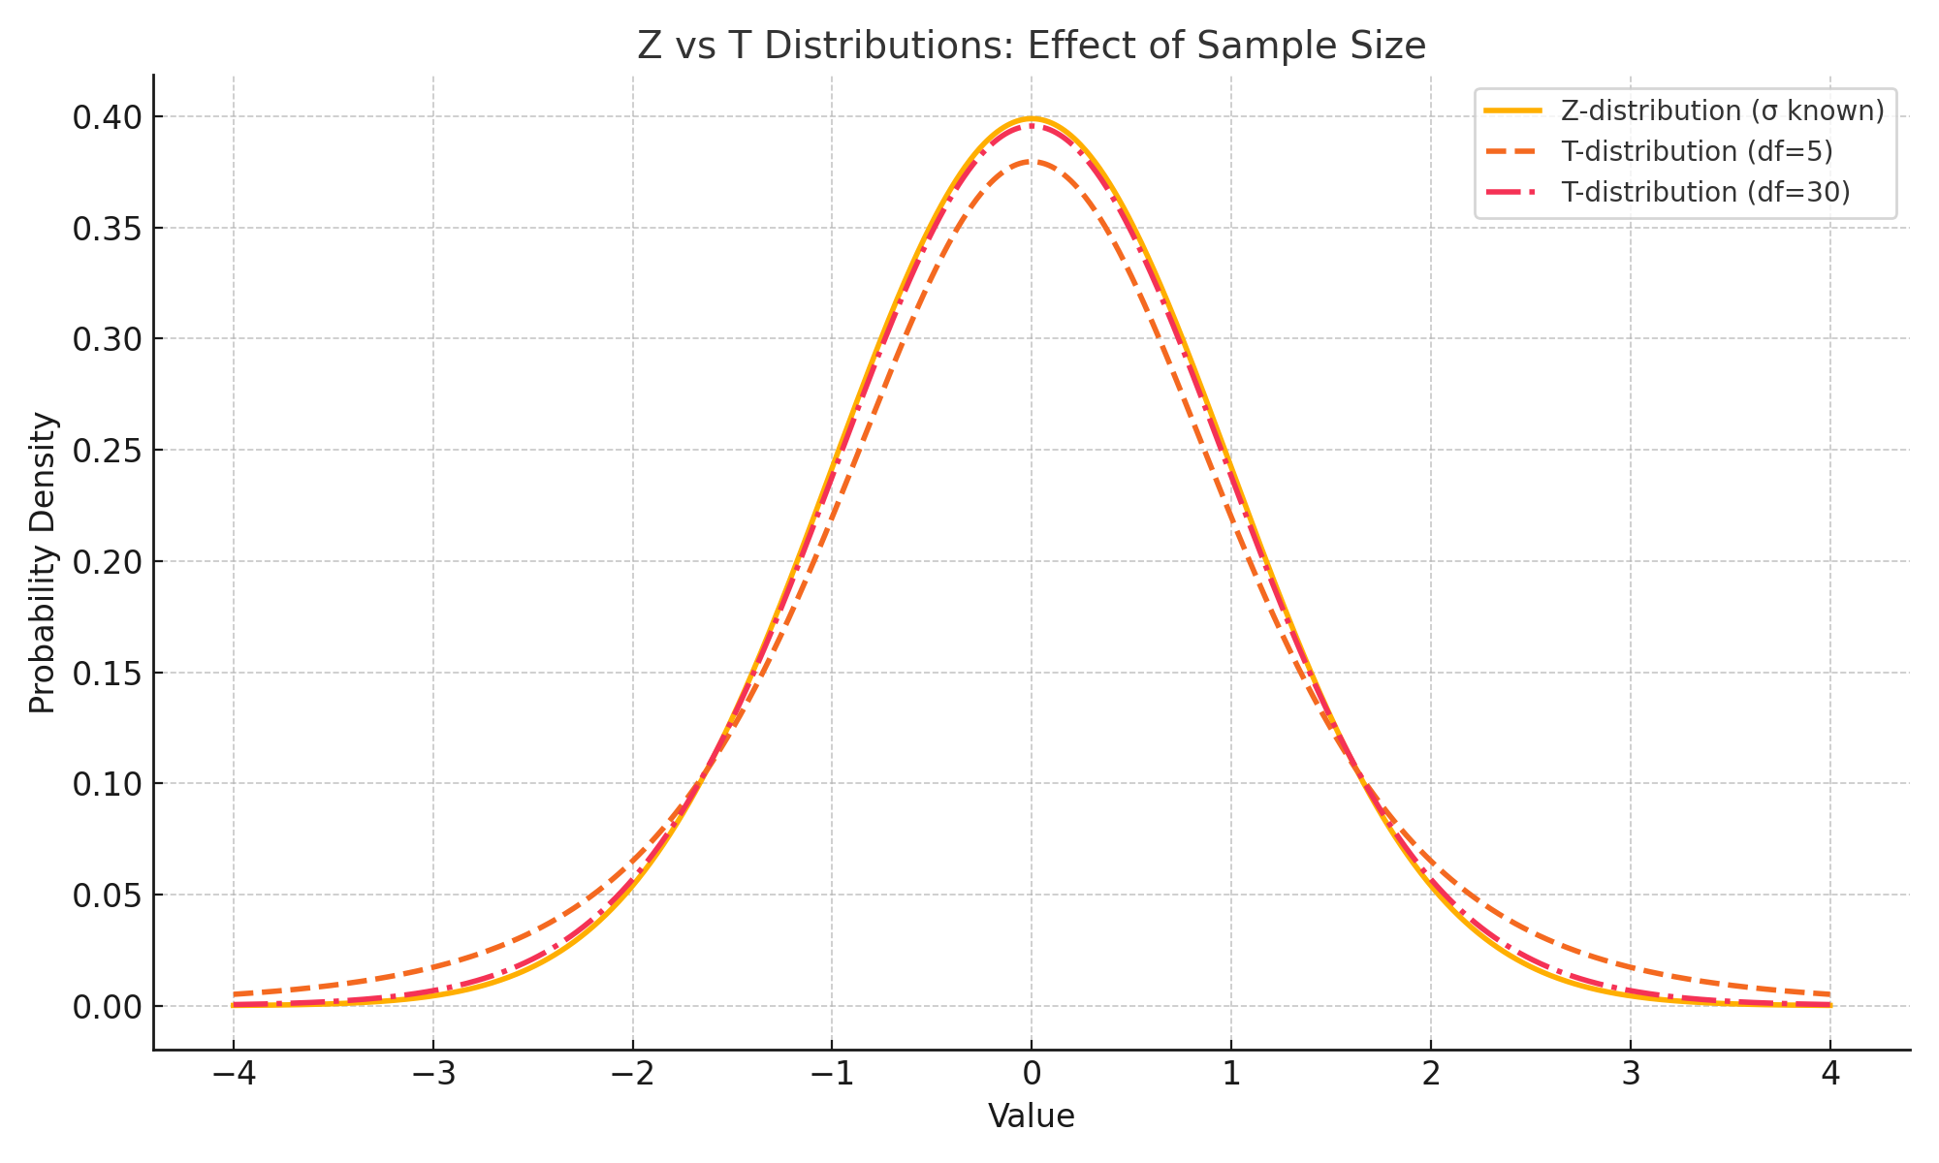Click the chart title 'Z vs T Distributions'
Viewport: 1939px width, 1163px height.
click(x=1031, y=47)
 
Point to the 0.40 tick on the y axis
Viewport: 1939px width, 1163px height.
click(x=106, y=117)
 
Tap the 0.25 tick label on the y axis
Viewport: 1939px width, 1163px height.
click(x=106, y=451)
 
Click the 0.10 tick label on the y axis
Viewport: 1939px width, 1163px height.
click(x=106, y=784)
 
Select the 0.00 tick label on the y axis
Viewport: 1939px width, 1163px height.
click(x=106, y=1007)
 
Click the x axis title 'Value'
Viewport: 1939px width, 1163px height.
click(x=1032, y=1116)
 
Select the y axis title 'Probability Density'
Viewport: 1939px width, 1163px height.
click(x=43, y=562)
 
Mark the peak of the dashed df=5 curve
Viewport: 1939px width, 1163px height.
click(x=1032, y=162)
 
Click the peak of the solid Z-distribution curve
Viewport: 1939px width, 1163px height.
click(x=1032, y=119)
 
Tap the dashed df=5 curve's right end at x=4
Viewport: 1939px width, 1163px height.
click(x=1830, y=994)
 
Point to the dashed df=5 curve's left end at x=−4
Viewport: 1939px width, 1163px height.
click(x=234, y=994)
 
